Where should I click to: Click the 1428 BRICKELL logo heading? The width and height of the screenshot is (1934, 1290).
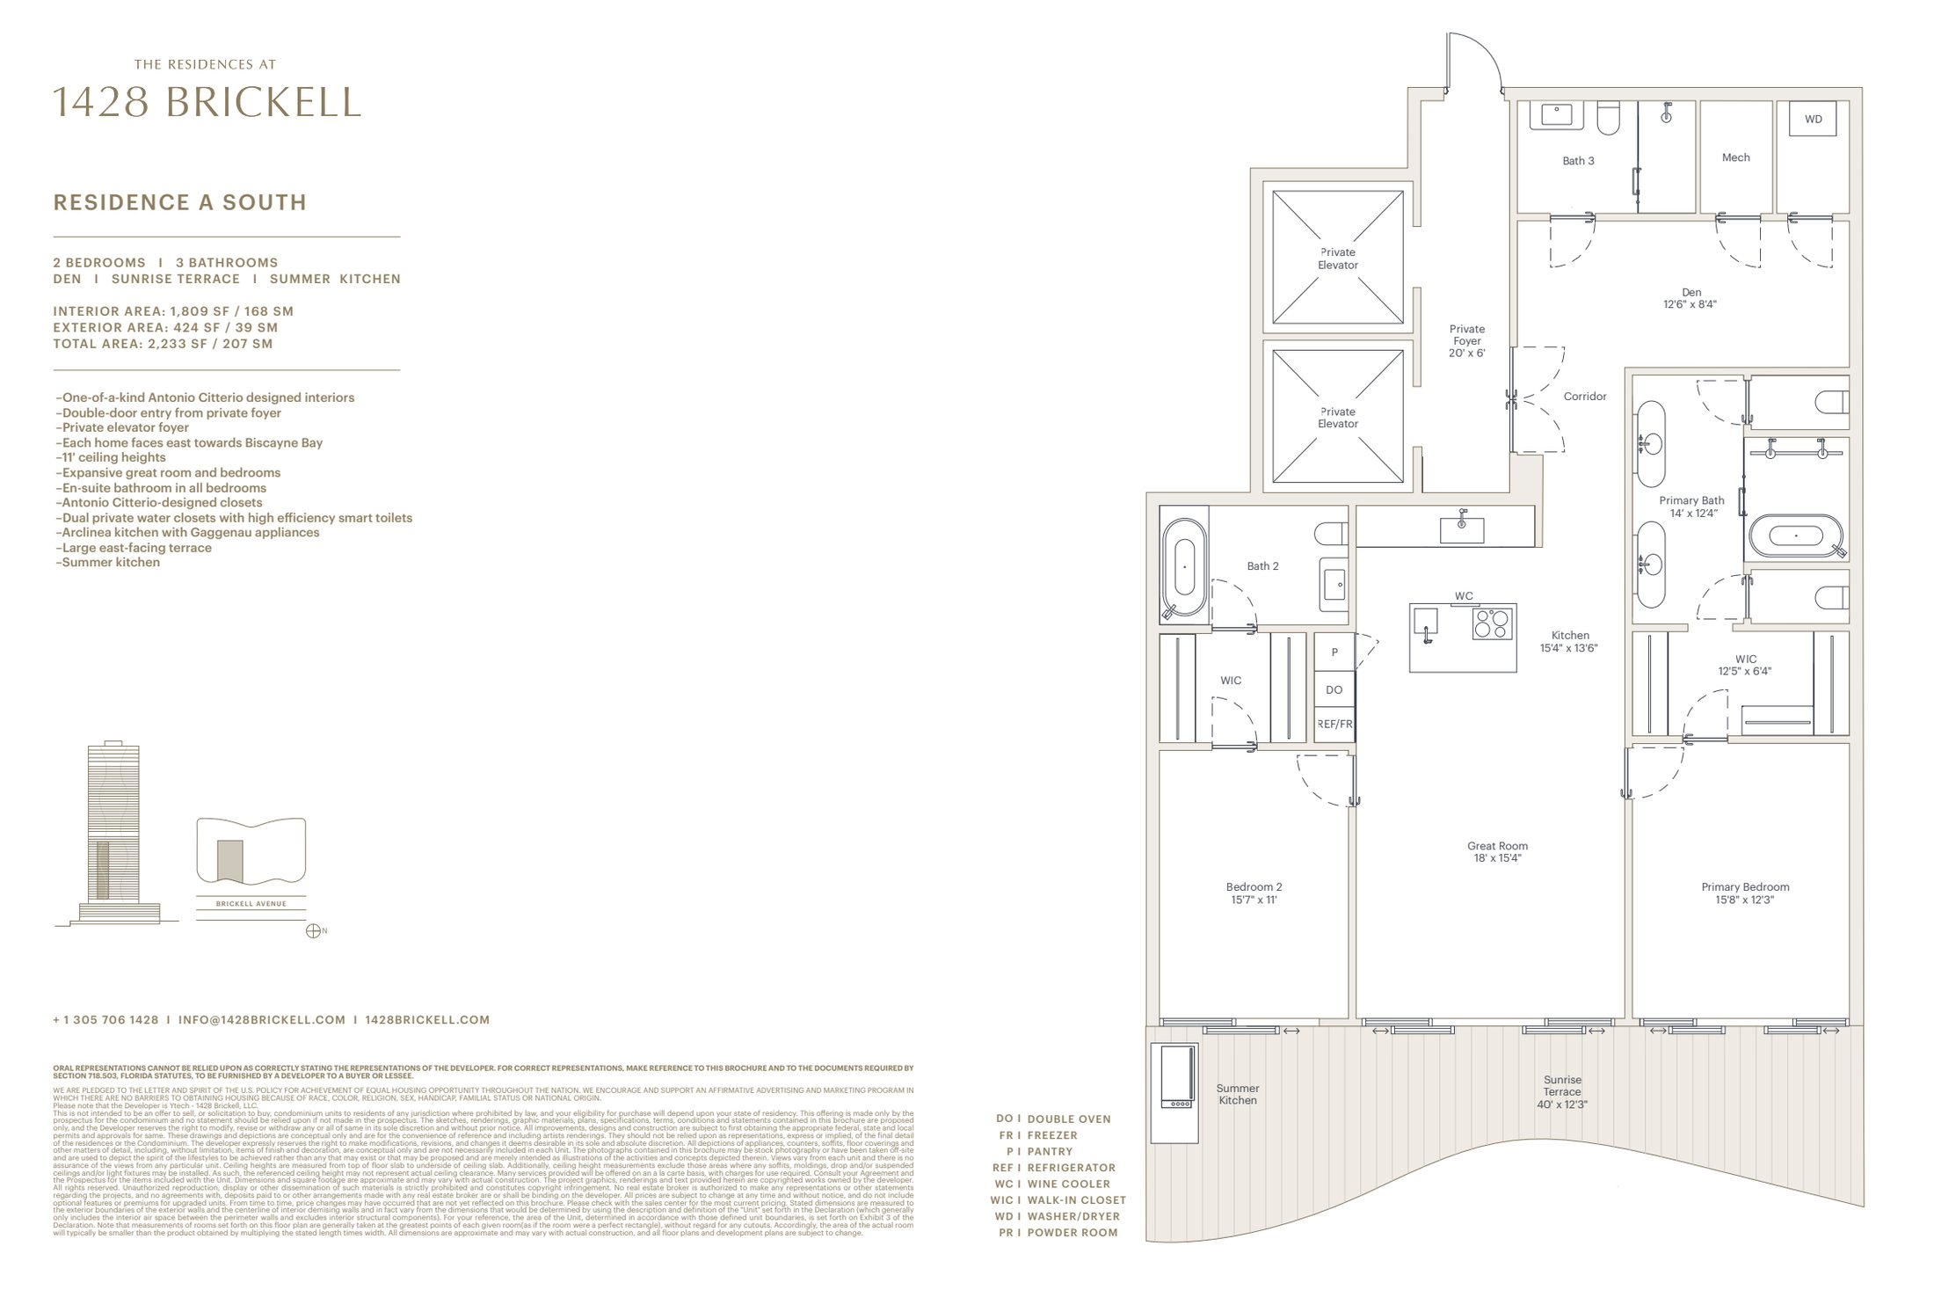(x=207, y=103)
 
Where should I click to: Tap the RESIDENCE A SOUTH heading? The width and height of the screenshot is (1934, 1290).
(x=180, y=202)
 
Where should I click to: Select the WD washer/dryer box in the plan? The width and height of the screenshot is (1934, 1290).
(x=1813, y=120)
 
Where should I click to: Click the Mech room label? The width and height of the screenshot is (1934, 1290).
(x=1735, y=157)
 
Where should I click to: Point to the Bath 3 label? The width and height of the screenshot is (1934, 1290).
(x=1578, y=161)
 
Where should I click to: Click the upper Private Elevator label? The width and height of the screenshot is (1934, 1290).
(x=1337, y=259)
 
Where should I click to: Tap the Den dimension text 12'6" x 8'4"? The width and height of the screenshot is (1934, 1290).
(x=1690, y=305)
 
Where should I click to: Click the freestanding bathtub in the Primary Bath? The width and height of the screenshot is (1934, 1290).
(x=1798, y=536)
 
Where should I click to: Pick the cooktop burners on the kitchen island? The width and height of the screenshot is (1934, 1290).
(x=1494, y=623)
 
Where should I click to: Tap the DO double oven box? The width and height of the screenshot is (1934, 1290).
(x=1334, y=690)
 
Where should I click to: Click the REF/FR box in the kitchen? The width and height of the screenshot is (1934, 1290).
(x=1334, y=725)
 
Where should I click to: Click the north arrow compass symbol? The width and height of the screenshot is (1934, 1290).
(x=312, y=931)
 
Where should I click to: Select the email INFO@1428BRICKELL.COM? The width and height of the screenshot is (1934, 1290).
(x=261, y=1020)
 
